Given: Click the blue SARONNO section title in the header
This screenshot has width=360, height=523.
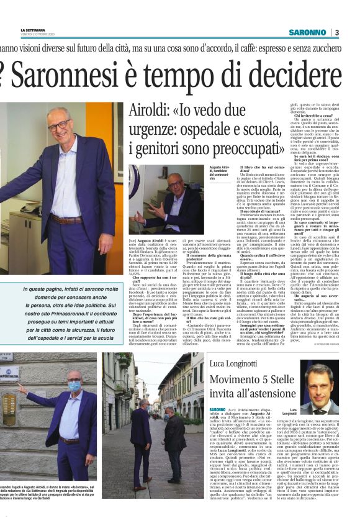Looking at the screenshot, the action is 305,32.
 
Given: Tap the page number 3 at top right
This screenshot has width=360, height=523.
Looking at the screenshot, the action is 335,32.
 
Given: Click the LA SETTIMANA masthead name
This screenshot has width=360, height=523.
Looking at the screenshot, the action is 34,30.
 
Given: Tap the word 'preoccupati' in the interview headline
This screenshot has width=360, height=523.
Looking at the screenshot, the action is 205,151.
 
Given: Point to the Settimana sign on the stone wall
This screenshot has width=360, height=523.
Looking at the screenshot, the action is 9,373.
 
